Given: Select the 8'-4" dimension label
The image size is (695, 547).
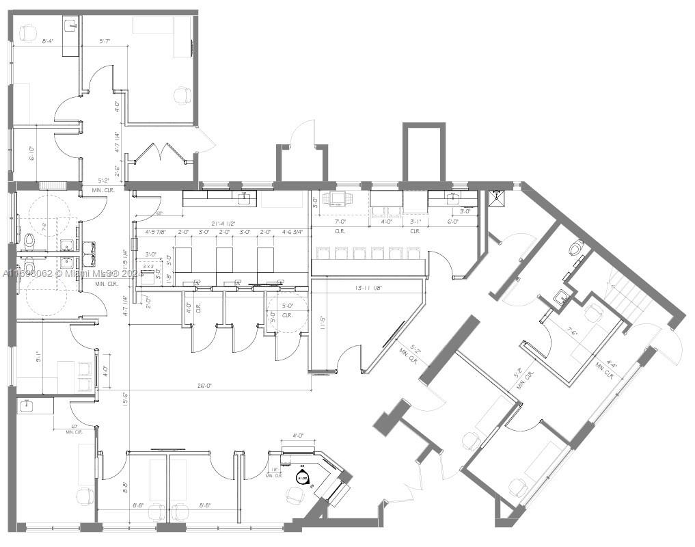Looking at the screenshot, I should tap(48, 42).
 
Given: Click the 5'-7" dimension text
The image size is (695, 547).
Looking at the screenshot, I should tap(105, 42).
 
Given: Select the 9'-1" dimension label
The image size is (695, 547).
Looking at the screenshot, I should tap(40, 355).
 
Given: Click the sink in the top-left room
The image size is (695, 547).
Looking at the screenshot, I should tap(70, 27).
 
